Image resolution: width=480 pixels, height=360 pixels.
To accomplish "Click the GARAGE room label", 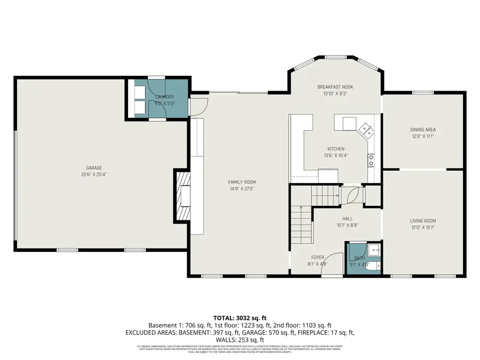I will [x=94, y=167].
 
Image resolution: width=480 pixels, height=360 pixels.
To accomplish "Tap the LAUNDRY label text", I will [x=164, y=97].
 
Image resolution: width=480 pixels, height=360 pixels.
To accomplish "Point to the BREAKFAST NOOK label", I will [x=335, y=87].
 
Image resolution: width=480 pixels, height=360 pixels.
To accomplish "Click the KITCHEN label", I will [x=335, y=149].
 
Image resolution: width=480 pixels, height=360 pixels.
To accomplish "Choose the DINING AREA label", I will [x=423, y=130].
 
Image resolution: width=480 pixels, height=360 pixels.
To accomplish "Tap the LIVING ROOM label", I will [x=423, y=221].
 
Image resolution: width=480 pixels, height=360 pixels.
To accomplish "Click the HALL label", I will [x=347, y=218].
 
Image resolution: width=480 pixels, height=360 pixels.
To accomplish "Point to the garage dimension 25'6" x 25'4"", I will [x=94, y=174].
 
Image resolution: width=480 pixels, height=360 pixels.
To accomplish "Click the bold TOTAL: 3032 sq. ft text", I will [x=239, y=317].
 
